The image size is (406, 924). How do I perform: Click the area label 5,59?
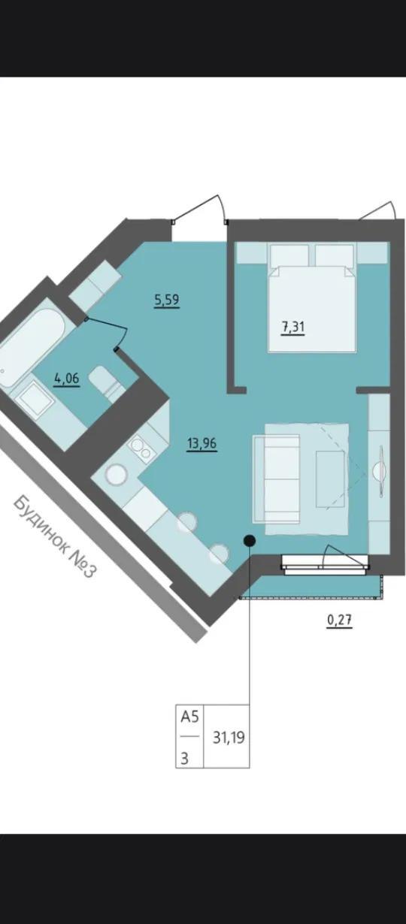[x=167, y=299]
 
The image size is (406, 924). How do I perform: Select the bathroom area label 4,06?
[x=66, y=378]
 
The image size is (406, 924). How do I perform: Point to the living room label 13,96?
[x=202, y=444]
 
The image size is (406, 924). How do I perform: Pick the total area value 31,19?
[x=229, y=737]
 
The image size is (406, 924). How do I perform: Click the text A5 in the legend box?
[x=189, y=717]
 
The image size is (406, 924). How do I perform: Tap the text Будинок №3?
[x=56, y=537]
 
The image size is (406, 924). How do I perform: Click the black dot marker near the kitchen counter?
[x=250, y=540]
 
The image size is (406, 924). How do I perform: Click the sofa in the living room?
[x=277, y=479]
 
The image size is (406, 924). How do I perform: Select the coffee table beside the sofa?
[x=330, y=479]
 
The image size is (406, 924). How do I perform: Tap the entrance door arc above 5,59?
[x=202, y=208]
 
